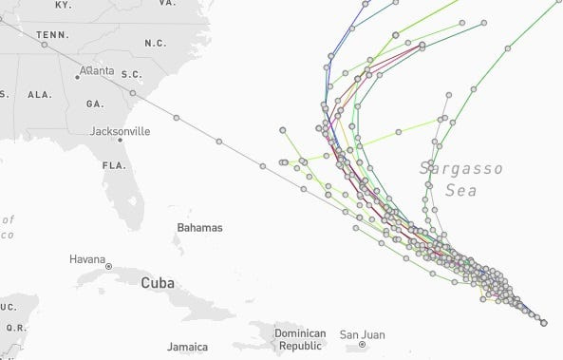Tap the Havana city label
(87, 259)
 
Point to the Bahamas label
(199, 228)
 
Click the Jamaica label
(186, 348)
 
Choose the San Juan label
(362, 334)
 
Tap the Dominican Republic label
(300, 340)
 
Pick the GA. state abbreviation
(95, 103)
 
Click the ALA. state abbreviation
(40, 95)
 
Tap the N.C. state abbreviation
(156, 44)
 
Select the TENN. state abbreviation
(52, 35)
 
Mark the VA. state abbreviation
(168, 4)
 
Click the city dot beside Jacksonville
(120, 141)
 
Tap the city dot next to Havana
(109, 267)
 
